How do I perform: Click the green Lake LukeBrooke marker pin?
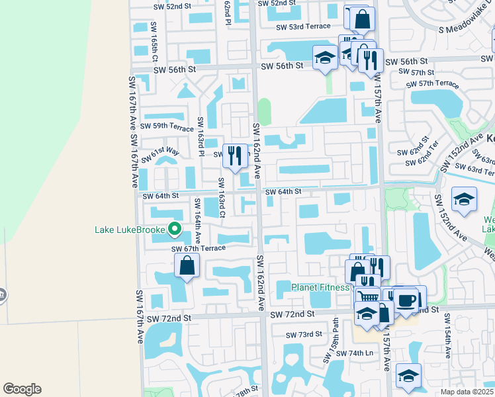[x=175, y=230]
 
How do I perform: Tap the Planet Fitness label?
[x=320, y=288]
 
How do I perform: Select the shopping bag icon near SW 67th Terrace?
[x=187, y=266]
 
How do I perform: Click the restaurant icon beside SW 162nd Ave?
[x=234, y=156]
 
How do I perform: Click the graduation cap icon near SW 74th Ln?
[x=409, y=375]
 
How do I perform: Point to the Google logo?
[x=22, y=389]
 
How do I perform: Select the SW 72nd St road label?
[x=169, y=318]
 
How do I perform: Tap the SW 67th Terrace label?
[x=199, y=248]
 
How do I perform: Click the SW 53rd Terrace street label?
[x=303, y=27]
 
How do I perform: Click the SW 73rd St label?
[x=304, y=335]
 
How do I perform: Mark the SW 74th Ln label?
[x=355, y=353]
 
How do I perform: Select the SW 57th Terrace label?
[x=433, y=84]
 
